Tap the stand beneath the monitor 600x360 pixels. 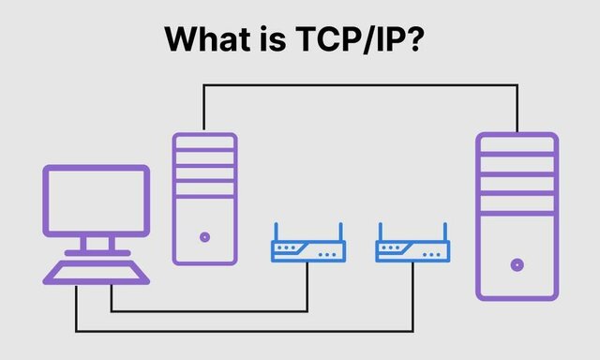(97, 246)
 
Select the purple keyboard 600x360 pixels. (97, 272)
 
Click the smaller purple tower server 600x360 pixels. (204, 198)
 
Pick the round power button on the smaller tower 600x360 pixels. (204, 237)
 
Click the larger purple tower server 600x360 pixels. (517, 216)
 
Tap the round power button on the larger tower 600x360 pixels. (517, 264)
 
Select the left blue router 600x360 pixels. (308, 251)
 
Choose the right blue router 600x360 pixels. (412, 251)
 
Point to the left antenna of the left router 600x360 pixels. (276, 232)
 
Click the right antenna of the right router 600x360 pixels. (445, 232)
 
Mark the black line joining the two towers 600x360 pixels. (361, 85)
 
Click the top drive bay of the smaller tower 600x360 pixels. (204, 142)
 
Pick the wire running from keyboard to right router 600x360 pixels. (244, 330)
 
